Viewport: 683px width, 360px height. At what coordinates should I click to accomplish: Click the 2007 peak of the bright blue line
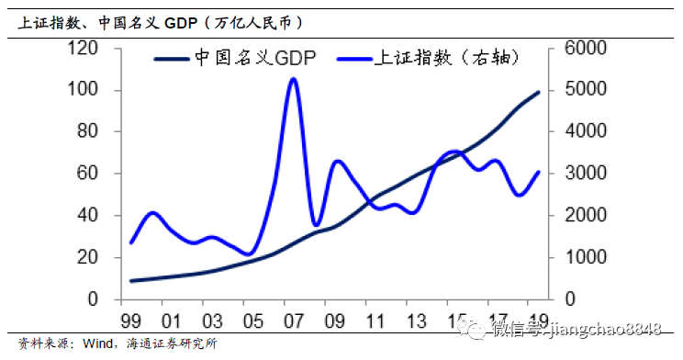point(293,79)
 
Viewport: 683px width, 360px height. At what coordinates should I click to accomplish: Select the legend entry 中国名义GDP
point(235,58)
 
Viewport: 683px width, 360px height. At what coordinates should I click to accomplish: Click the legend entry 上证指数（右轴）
point(429,58)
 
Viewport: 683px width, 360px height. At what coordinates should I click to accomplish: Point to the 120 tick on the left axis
point(83,48)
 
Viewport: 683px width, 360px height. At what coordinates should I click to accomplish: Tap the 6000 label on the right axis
point(586,48)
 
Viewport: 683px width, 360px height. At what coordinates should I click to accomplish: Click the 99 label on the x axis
point(130,321)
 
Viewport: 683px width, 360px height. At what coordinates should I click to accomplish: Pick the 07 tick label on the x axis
point(294,321)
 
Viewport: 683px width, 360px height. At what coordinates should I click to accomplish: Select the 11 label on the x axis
point(375,321)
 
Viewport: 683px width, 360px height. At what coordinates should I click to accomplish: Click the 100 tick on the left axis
point(83,90)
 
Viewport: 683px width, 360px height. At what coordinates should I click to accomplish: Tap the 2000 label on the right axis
point(586,215)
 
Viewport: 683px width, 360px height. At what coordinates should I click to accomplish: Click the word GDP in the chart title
point(181,23)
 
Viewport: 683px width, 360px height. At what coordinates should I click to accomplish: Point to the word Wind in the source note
point(97,343)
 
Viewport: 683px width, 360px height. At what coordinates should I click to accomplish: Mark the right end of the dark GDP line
point(538,93)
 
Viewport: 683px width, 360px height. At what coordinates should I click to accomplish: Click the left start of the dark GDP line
point(131,281)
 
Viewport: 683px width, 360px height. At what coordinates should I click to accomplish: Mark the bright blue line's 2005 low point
point(249,254)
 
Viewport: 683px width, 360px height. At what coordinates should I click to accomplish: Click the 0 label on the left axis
point(93,299)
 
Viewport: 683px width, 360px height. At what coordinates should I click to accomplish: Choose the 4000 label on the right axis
point(586,131)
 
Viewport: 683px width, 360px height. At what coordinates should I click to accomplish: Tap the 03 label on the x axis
point(212,321)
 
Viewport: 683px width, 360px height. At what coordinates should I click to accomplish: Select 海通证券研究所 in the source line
point(172,343)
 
